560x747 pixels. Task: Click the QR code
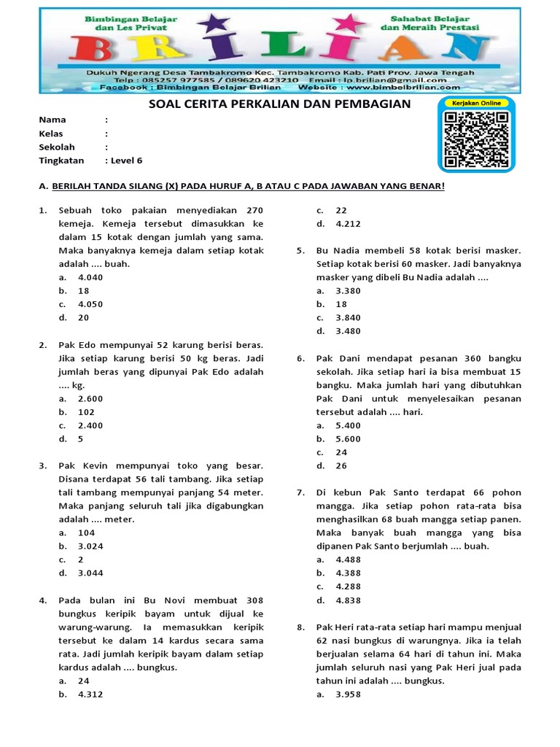pyautogui.click(x=477, y=139)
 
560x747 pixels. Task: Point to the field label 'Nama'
pyautogui.click(x=52, y=120)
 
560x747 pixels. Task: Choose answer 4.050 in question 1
pyautogui.click(x=90, y=304)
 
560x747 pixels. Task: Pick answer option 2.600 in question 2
pyautogui.click(x=90, y=398)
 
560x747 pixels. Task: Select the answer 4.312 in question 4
pyautogui.click(x=90, y=694)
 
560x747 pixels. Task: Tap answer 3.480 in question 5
pyautogui.click(x=348, y=331)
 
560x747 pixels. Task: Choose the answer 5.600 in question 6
pyautogui.click(x=348, y=439)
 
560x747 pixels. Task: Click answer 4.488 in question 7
pyautogui.click(x=348, y=560)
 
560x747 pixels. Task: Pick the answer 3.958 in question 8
pyautogui.click(x=348, y=694)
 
